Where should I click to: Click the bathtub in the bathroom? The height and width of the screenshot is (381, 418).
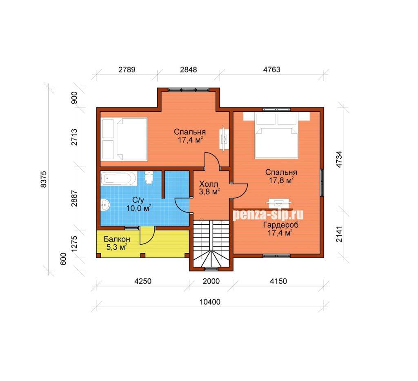119,178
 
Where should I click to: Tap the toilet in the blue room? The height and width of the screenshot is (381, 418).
149,177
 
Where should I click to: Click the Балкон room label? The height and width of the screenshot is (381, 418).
117,239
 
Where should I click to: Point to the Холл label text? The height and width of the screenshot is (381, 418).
209,184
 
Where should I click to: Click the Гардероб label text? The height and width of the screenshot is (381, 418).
281,225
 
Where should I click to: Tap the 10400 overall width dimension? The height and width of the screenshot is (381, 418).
210,302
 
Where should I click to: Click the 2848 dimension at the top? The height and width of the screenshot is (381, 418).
189,69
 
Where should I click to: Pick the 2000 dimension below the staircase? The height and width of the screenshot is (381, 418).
211,281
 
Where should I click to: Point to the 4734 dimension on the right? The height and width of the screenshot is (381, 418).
339,159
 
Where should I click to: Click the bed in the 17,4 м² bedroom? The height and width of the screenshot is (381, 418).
132,139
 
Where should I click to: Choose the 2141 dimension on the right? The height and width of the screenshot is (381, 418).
339,234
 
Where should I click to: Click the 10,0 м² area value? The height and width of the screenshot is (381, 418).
139,208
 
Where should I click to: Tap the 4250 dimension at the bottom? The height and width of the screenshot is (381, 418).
142,281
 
